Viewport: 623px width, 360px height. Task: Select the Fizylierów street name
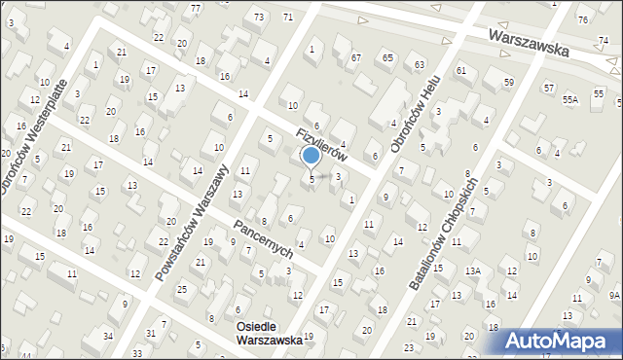click(322, 144)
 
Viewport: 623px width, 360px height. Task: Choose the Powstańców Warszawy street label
click(192, 224)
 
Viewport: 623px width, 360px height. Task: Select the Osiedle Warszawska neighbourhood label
click(269, 333)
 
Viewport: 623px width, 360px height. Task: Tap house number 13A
click(473, 270)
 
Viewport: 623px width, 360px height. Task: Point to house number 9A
click(614, 294)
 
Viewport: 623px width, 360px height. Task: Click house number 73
click(258, 18)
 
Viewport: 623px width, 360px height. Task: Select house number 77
click(196, 9)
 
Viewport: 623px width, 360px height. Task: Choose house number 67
click(356, 57)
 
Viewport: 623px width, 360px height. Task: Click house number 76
click(582, 19)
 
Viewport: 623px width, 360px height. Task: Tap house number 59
click(509, 83)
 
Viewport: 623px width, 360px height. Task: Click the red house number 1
click(311, 49)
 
